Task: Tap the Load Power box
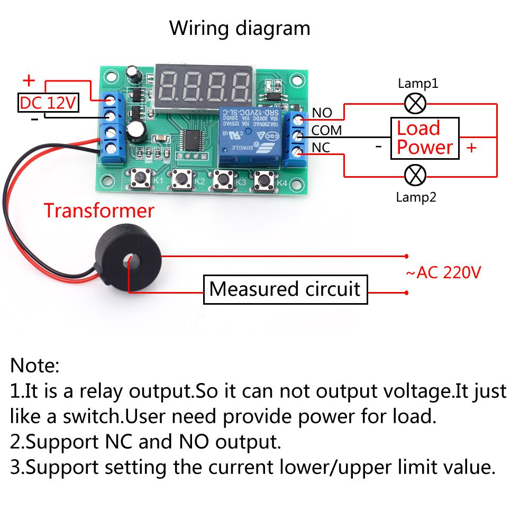click(425, 138)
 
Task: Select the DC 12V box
click(48, 103)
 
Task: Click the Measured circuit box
click(285, 289)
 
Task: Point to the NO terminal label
click(322, 113)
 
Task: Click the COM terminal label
click(326, 130)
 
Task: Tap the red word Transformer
click(99, 211)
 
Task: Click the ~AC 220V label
click(443, 273)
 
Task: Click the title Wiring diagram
click(240, 28)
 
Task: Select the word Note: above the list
click(35, 365)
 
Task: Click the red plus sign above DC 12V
click(29, 81)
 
